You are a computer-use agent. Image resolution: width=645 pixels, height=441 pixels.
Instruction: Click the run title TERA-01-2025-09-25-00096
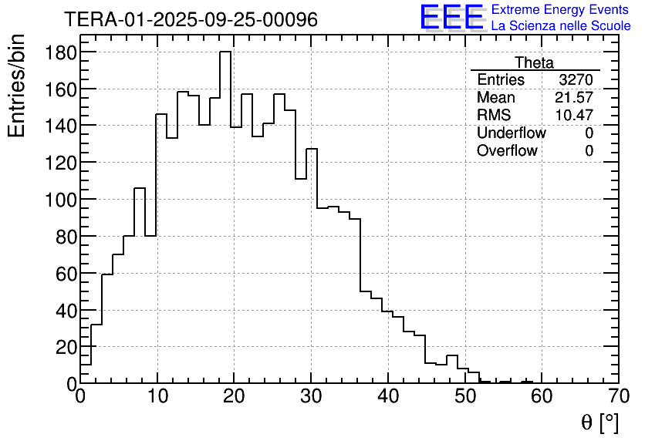tap(191, 20)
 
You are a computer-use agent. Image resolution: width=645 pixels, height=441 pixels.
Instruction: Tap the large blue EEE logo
tap(451, 17)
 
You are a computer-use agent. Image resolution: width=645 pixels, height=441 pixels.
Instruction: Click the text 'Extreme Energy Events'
tap(560, 10)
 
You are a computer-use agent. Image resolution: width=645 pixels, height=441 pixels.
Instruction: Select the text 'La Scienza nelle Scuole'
tap(561, 25)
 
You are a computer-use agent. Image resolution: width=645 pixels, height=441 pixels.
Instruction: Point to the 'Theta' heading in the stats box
tap(534, 63)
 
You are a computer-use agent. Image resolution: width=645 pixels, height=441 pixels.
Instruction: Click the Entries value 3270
tap(576, 80)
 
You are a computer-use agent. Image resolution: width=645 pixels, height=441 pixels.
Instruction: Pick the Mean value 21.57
tap(574, 98)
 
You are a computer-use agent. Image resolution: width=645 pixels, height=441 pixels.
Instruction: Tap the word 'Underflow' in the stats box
tap(511, 133)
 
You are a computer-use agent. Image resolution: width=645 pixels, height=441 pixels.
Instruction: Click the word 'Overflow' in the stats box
tap(507, 151)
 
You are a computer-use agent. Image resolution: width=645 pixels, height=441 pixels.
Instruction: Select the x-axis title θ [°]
tap(599, 422)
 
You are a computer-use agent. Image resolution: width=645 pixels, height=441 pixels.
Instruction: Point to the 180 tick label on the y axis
tap(59, 52)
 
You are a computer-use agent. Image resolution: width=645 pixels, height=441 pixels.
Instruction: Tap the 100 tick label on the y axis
tap(59, 200)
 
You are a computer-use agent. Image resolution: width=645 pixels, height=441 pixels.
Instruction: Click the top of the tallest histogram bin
tap(225, 52)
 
